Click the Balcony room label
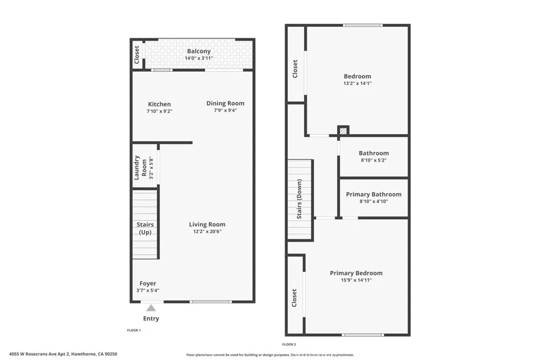click(199, 51)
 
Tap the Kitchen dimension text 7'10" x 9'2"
click(159, 111)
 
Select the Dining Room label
click(225, 103)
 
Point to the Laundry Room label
click(140, 167)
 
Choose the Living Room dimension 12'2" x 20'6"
click(207, 231)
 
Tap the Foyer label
click(148, 284)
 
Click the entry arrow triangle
click(151, 308)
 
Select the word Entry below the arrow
click(151, 318)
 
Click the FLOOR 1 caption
click(134, 330)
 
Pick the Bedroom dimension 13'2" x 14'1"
click(358, 83)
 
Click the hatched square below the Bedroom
click(343, 130)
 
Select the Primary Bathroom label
click(374, 194)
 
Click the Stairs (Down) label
click(299, 199)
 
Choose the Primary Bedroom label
click(356, 273)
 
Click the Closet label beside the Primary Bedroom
click(295, 298)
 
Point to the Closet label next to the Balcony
click(137, 55)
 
